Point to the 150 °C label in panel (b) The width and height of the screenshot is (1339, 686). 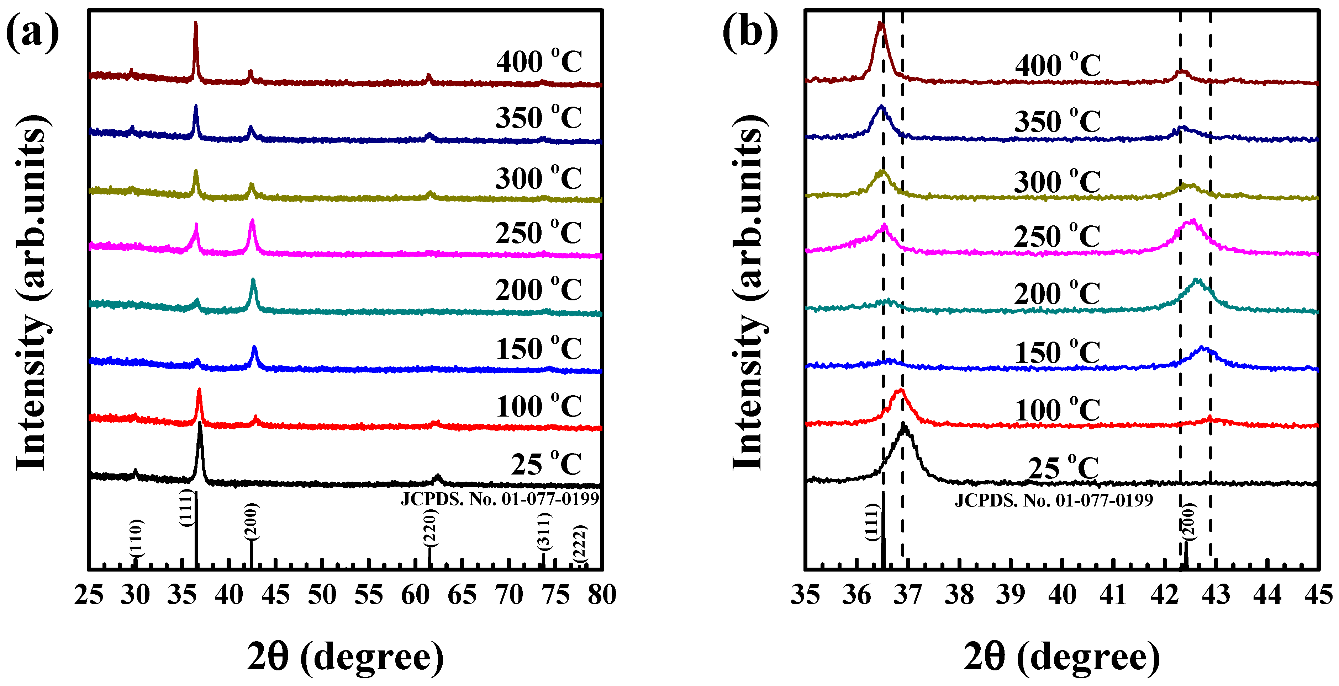click(x=1057, y=353)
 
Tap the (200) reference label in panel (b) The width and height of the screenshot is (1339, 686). click(x=1188, y=522)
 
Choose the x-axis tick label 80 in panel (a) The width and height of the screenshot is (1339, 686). click(x=602, y=595)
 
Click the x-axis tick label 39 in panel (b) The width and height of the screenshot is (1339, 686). click(x=1010, y=595)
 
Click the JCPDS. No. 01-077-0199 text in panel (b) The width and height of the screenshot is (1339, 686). click(x=1054, y=500)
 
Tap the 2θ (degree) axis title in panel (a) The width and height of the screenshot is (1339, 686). click(x=345, y=656)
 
